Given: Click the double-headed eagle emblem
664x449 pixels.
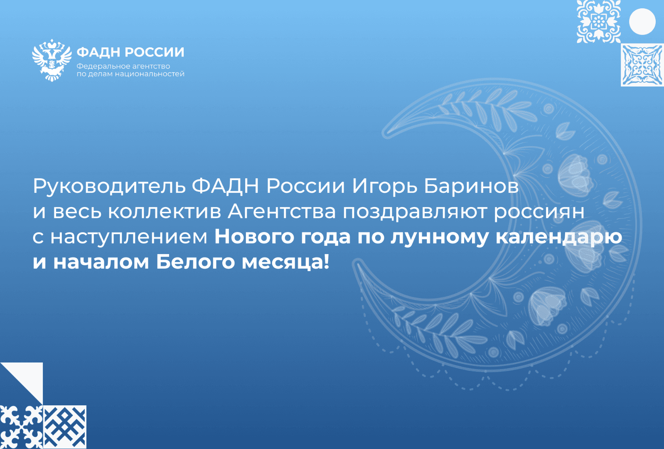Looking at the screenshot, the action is tap(52, 60).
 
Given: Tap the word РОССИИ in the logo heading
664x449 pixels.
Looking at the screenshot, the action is tap(155, 52).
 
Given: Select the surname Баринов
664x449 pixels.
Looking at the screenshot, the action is tap(471, 186).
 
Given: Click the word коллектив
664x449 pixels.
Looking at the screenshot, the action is tap(165, 212).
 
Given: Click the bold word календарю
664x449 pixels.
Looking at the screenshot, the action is tap(559, 237).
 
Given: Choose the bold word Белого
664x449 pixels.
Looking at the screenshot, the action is tap(195, 262).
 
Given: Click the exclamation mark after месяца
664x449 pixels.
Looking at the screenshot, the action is tap(326, 261).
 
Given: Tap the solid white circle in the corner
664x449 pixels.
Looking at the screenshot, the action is tap(642, 22).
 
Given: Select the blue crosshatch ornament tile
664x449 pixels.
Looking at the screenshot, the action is tap(65, 427).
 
